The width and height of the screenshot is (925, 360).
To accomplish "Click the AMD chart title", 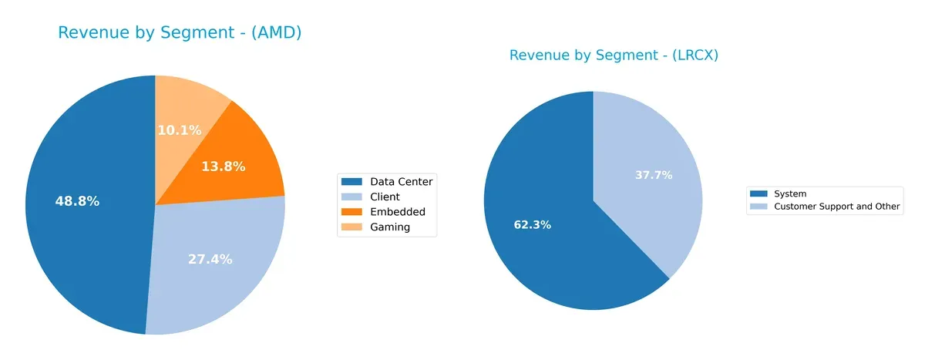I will tap(180, 32).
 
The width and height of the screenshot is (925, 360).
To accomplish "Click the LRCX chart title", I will tap(614, 55).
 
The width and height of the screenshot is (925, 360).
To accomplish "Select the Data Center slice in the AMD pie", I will tap(85, 231).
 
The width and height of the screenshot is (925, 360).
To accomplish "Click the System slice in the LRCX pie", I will tap(540, 247).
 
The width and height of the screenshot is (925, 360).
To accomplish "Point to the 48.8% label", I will tap(77, 201).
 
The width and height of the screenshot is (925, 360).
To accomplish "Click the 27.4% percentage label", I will tap(210, 259).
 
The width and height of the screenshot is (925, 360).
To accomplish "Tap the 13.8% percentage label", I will tap(223, 166).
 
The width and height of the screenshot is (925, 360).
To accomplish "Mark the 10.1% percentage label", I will tap(180, 130).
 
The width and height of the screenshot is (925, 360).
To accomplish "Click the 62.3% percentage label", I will tap(533, 225).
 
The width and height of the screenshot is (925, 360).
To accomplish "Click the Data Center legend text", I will tap(401, 181).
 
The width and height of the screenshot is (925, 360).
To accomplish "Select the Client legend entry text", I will tap(385, 197).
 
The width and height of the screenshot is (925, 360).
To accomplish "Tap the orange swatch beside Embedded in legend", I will tap(351, 212).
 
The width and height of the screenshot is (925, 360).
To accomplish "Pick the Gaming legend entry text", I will tap(390, 227).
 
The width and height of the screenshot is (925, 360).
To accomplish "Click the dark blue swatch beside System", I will tap(758, 194).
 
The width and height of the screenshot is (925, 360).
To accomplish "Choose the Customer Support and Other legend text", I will tap(836, 207).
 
